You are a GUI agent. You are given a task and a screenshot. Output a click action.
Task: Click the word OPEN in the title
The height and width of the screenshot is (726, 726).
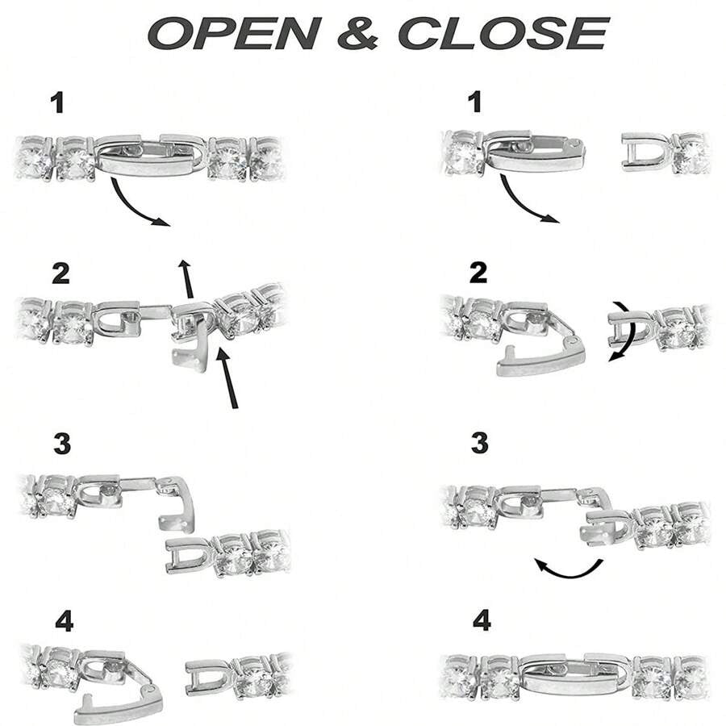point(235,33)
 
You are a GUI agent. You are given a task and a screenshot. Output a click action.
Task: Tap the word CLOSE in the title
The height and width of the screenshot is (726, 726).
point(503,33)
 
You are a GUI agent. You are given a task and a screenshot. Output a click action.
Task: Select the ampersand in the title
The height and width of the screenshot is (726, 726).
point(358,33)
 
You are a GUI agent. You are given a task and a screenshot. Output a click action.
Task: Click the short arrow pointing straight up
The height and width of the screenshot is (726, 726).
point(186,279)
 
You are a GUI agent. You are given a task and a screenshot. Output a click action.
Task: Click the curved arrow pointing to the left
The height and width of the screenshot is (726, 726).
point(569,569)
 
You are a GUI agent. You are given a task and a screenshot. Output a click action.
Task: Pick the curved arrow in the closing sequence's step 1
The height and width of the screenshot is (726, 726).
point(521,207)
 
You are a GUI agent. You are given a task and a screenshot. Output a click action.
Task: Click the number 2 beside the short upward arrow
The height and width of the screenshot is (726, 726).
point(60,273)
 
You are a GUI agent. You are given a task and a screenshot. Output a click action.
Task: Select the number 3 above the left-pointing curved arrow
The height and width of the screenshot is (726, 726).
point(480,443)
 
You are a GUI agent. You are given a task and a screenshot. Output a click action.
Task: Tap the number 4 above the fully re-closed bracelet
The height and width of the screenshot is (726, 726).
point(482,621)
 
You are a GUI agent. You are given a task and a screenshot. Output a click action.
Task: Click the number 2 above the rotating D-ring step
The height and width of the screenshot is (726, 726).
point(478,273)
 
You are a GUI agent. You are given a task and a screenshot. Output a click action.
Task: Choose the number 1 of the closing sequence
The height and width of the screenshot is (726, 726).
point(475,102)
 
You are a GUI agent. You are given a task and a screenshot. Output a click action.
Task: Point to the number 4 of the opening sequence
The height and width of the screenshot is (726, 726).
point(64,621)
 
